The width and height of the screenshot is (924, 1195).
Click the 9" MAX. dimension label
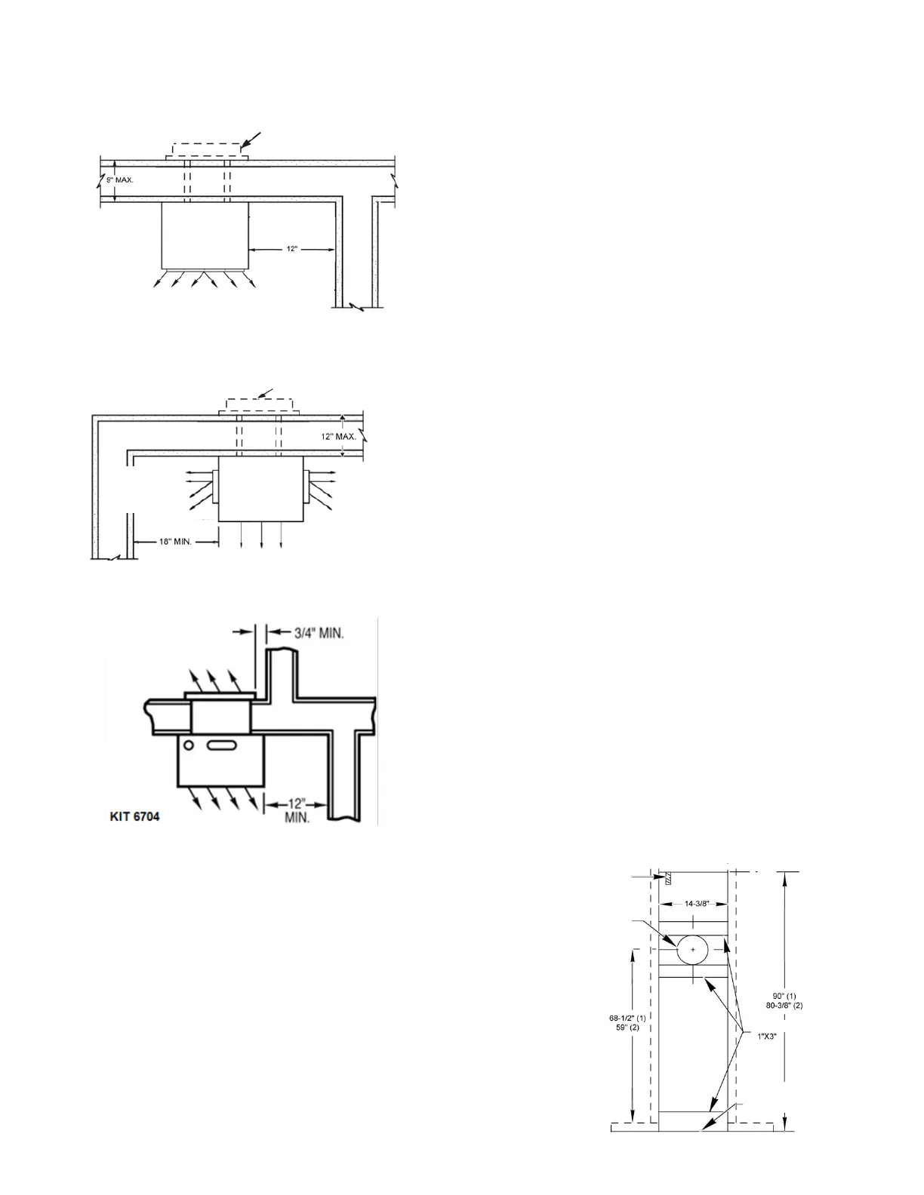tap(120, 180)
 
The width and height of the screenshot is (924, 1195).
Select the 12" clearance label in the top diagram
tap(292, 249)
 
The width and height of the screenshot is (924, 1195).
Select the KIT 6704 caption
tap(132, 816)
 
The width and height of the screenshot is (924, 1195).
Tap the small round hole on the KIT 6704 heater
tap(189, 746)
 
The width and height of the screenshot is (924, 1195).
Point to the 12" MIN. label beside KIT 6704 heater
tap(296, 811)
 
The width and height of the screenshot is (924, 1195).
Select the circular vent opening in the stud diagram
tap(692, 948)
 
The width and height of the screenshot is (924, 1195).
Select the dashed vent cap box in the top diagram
tap(205, 149)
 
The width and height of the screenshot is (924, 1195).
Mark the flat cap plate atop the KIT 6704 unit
tap(219, 695)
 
